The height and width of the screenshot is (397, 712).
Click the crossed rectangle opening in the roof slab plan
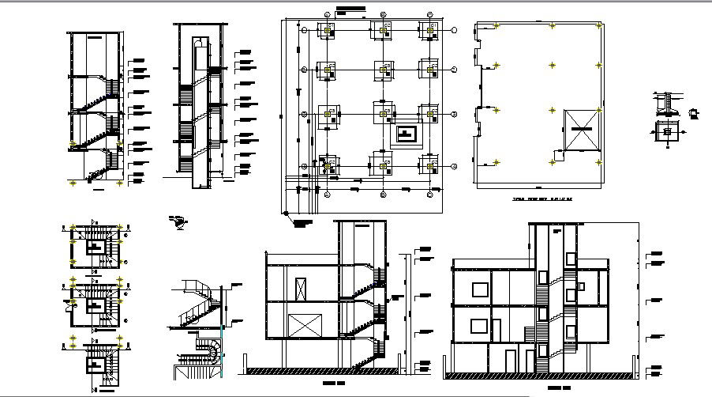tap(583, 128)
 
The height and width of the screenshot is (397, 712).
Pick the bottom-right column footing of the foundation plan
tap(431, 165)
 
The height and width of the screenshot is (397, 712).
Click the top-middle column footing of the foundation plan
tap(383, 30)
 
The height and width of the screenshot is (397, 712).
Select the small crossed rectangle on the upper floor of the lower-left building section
tap(301, 289)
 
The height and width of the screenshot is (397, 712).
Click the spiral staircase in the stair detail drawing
tap(208, 350)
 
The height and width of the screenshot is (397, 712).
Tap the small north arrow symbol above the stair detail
tap(181, 222)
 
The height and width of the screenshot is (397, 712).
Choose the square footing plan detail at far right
tap(669, 131)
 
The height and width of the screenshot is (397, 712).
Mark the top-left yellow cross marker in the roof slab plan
tap(497, 26)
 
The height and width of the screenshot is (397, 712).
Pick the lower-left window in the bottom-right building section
tap(478, 326)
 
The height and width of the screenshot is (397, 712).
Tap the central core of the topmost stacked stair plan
tap(96, 247)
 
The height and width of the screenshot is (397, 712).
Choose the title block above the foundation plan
tap(351, 9)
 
